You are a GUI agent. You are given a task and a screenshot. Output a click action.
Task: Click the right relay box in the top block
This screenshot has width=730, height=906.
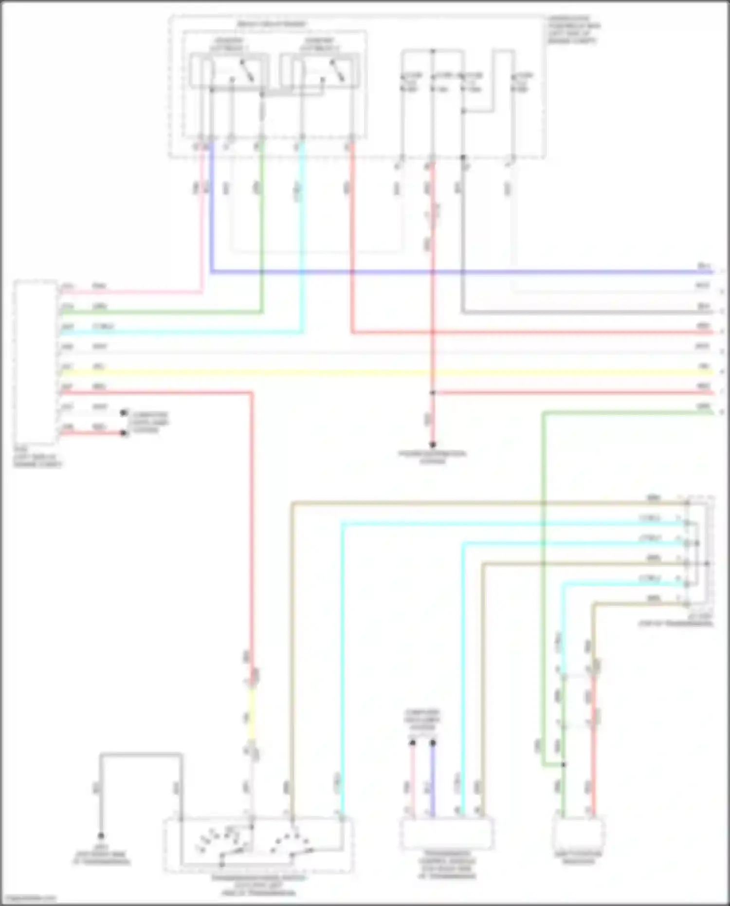(x=319, y=71)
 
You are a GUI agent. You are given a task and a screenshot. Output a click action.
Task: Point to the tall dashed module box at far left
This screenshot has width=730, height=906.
(x=35, y=362)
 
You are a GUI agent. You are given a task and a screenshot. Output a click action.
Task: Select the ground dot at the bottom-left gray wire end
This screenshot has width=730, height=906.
(x=101, y=835)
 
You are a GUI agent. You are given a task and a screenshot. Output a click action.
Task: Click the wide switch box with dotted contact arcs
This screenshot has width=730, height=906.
(x=258, y=845)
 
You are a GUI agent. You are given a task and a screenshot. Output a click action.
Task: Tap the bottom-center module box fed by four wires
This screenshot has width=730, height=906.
(x=446, y=833)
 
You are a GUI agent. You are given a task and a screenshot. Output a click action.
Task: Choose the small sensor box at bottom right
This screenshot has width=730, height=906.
(x=578, y=833)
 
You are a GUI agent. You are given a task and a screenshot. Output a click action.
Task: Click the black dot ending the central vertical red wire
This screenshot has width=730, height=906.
(x=432, y=444)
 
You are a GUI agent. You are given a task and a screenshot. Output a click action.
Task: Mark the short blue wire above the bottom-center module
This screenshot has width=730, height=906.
(x=433, y=779)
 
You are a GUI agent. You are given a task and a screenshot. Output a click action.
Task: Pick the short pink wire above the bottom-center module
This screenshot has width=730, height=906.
(x=412, y=779)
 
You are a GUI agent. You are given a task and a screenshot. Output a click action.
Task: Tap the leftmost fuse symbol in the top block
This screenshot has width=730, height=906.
(x=403, y=83)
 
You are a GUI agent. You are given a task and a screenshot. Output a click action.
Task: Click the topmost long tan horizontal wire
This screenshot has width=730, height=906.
(x=487, y=502)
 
